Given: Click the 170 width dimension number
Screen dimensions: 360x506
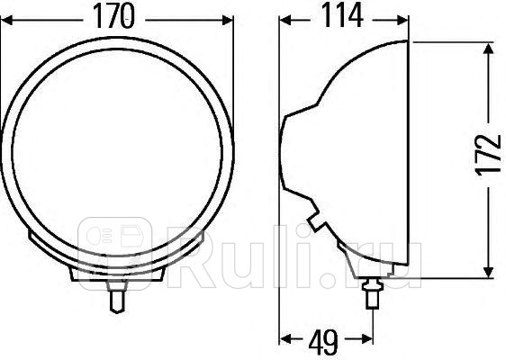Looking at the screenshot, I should [x=117, y=17].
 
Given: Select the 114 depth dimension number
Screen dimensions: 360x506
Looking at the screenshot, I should [x=339, y=17].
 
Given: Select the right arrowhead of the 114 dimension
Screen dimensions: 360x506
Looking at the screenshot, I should [x=411, y=17].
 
